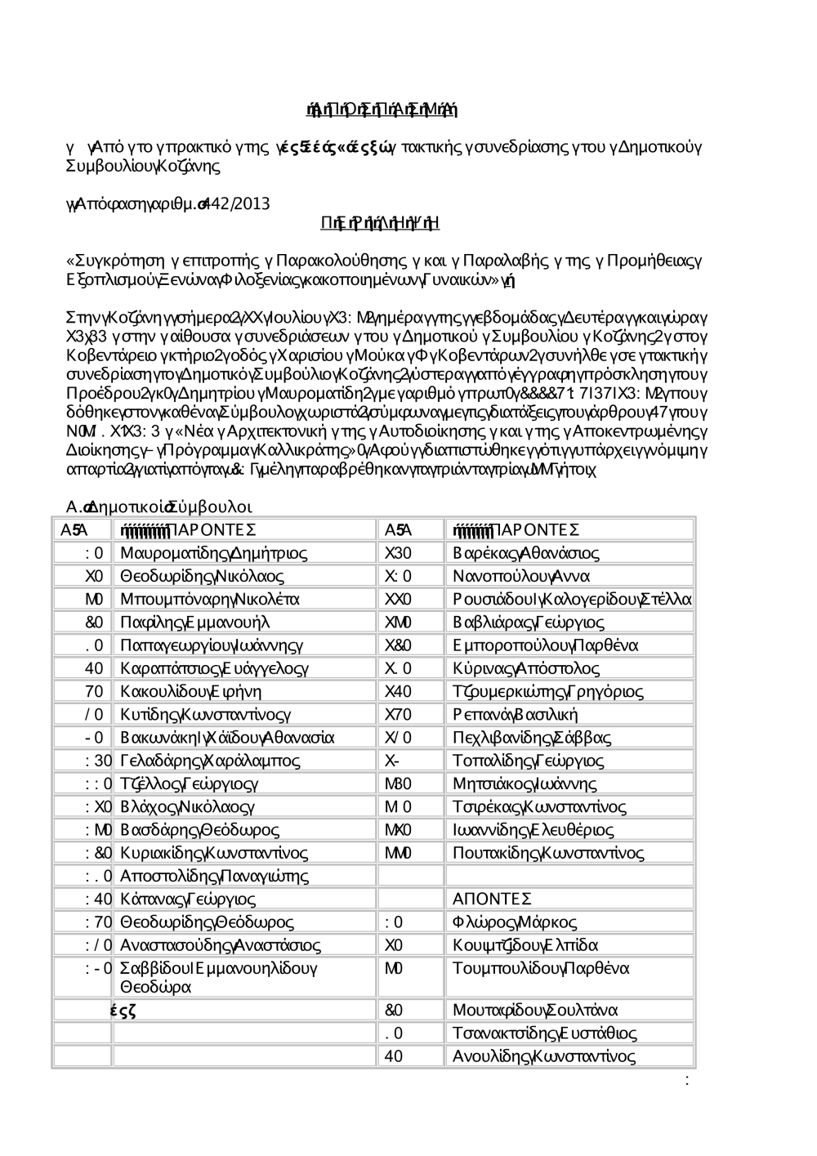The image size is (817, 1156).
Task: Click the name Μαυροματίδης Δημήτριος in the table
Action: click(x=213, y=553)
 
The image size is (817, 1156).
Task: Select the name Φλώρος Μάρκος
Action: click(x=514, y=922)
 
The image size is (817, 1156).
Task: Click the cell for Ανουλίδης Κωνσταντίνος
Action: click(x=543, y=1056)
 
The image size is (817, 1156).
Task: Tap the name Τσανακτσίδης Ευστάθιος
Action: click(x=544, y=1033)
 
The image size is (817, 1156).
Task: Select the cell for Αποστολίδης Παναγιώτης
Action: click(x=214, y=877)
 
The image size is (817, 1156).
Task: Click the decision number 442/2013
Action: click(x=239, y=203)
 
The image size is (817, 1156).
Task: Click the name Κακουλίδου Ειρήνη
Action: click(x=191, y=692)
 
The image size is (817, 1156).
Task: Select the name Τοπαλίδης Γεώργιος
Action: click(x=528, y=761)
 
